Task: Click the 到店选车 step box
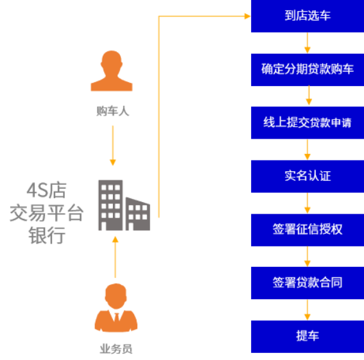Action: pyautogui.click(x=308, y=16)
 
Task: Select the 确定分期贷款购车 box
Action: pyautogui.click(x=308, y=70)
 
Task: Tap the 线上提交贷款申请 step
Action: pyautogui.click(x=308, y=123)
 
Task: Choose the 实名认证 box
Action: pyautogui.click(x=308, y=176)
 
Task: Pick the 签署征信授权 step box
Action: pyautogui.click(x=308, y=230)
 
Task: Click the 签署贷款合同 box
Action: pyautogui.click(x=308, y=283)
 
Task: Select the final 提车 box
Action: pyautogui.click(x=308, y=336)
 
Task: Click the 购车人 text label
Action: pyautogui.click(x=112, y=111)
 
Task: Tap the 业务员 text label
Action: pyautogui.click(x=116, y=349)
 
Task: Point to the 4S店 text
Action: pyautogui.click(x=47, y=191)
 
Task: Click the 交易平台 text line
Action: pyautogui.click(x=46, y=212)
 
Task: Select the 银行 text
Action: pyautogui.click(x=47, y=235)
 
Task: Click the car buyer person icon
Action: pyautogui.click(x=112, y=71)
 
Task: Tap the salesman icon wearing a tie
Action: pyautogui.click(x=116, y=307)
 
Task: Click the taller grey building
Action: pyautogui.click(x=110, y=205)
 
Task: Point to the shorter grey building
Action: pyautogui.click(x=138, y=214)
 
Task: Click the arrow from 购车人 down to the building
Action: pyautogui.click(x=113, y=146)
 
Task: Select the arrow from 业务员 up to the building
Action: pyautogui.click(x=115, y=257)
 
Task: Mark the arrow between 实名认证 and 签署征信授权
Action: pyautogui.click(x=308, y=203)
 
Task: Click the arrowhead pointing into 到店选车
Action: pyautogui.click(x=247, y=16)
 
